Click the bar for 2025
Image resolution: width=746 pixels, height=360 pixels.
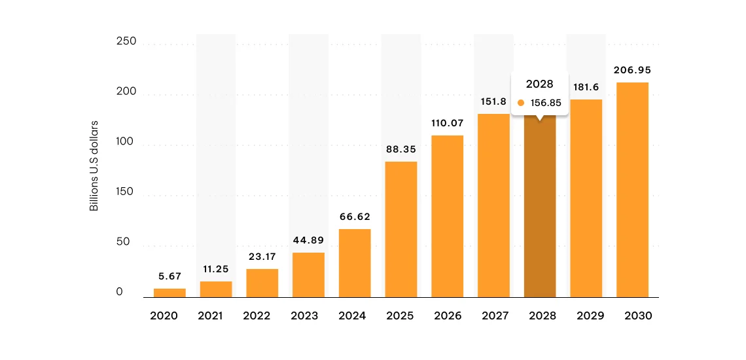point(400,229)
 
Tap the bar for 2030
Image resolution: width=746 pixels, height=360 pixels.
point(632,190)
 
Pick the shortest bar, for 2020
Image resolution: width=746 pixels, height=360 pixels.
point(169,293)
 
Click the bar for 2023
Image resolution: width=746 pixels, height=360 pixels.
point(308,275)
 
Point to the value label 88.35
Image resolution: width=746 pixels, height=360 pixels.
point(400,149)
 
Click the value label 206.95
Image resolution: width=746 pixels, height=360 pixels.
point(632,70)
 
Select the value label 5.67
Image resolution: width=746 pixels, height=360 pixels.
point(169,276)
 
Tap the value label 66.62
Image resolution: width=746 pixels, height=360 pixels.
point(355,217)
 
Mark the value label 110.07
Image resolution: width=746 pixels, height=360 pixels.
point(447,123)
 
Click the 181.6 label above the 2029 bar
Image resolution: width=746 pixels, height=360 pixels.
point(586,87)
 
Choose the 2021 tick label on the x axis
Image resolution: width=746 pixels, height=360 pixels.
point(210,315)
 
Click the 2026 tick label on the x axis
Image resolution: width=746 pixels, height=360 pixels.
point(447,315)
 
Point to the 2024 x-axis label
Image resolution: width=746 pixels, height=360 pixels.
point(352,315)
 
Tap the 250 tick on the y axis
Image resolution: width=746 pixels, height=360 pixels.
point(126,42)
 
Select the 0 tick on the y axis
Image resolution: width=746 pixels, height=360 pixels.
point(120,293)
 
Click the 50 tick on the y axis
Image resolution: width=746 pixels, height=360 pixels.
point(124,242)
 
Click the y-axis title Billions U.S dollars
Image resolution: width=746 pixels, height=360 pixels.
point(94,166)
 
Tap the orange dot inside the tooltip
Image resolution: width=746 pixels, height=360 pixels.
point(521,103)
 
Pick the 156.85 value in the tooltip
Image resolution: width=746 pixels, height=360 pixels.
point(546,103)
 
